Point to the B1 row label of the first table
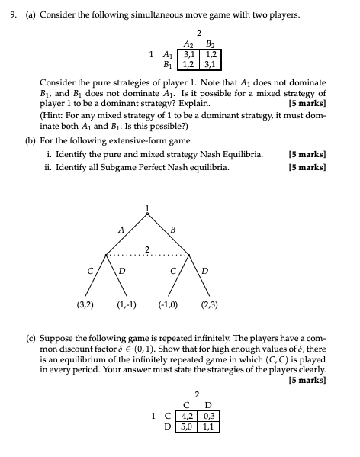pyautogui.click(x=166, y=64)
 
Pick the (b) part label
pyautogui.click(x=30, y=140)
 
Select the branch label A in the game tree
pyautogui.click(x=121, y=228)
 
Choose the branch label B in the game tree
pyautogui.click(x=173, y=228)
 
